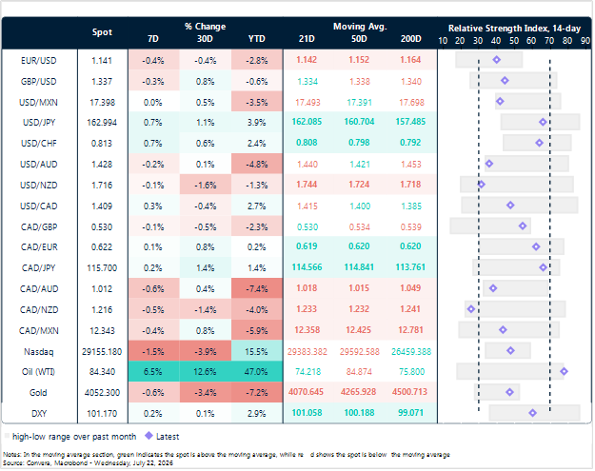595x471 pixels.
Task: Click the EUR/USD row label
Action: (x=38, y=61)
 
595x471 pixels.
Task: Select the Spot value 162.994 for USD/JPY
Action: (x=102, y=123)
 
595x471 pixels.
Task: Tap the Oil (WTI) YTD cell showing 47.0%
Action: (x=256, y=372)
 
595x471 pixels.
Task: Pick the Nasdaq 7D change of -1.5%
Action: (x=153, y=351)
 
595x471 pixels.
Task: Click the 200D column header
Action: (x=411, y=39)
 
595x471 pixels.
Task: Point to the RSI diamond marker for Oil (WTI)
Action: (x=564, y=371)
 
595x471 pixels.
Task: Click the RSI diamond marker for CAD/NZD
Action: (x=471, y=309)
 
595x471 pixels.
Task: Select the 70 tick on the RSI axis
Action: (x=549, y=41)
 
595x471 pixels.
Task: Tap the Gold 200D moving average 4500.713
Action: (x=409, y=392)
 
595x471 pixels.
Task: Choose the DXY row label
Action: (x=39, y=413)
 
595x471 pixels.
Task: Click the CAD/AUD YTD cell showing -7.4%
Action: (x=256, y=289)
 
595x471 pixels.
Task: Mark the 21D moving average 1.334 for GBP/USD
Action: (x=307, y=82)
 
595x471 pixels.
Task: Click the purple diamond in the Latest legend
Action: (x=149, y=436)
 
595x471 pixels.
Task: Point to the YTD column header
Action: (x=256, y=39)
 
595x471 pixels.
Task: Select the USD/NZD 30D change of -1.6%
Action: (x=206, y=185)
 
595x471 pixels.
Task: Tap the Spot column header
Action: (x=102, y=32)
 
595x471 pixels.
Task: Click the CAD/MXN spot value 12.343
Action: (x=102, y=331)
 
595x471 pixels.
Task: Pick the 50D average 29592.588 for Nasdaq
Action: (x=359, y=351)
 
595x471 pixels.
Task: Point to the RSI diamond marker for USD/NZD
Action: (x=481, y=185)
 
